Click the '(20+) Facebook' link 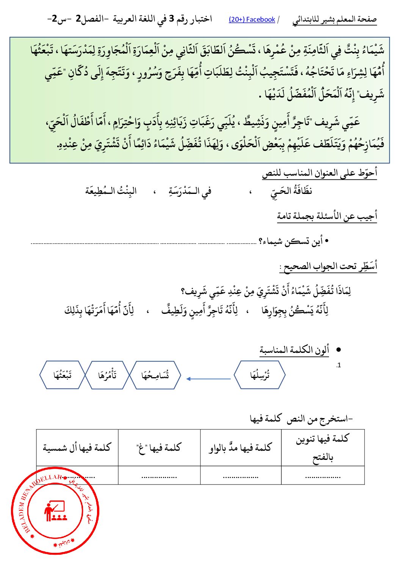point(252,19)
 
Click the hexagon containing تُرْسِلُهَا point(260,375)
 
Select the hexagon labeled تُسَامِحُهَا point(155,375)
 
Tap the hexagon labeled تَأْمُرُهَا point(107,375)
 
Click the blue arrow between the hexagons point(208,379)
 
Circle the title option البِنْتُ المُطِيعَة point(111,191)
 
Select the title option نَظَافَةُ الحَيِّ point(291,191)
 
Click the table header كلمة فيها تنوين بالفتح point(323,448)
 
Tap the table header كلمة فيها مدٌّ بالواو point(240,448)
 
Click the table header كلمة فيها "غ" point(159,448)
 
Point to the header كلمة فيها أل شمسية point(77,448)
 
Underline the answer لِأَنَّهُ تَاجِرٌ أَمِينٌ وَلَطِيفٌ point(200,311)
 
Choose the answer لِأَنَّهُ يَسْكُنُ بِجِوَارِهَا point(294,311)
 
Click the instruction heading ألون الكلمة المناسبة point(294,350)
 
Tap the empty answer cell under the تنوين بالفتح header point(323,475)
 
